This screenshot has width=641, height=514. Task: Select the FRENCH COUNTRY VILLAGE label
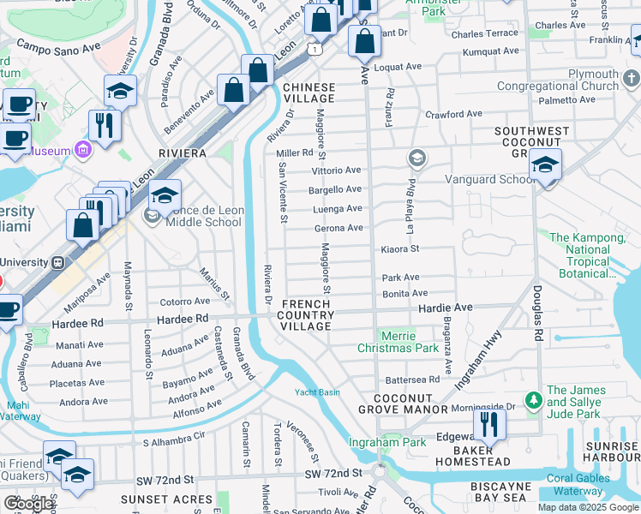tap(307, 315)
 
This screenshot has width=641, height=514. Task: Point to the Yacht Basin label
tap(317, 392)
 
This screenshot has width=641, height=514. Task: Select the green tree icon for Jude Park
tap(533, 399)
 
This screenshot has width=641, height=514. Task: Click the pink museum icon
tap(83, 151)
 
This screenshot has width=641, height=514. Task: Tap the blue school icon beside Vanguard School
tap(545, 165)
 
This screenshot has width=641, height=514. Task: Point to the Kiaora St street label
tap(399, 249)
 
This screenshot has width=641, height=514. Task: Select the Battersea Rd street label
tap(412, 379)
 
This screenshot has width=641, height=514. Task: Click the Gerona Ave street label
tap(339, 228)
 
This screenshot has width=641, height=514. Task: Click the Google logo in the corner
tap(28, 504)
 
